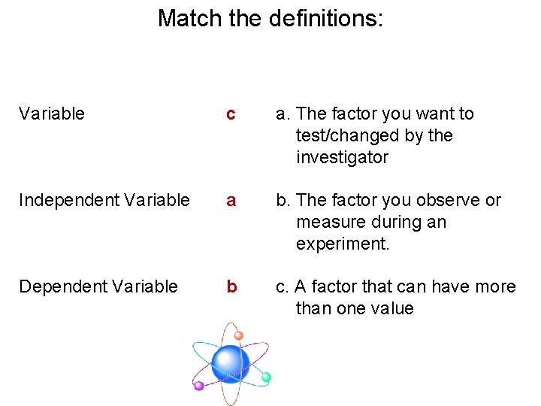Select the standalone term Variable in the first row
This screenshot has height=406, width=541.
52,114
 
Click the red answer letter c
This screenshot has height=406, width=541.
231,115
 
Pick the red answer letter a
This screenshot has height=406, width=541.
231,201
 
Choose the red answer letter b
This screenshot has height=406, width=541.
231,286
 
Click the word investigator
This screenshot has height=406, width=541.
342,158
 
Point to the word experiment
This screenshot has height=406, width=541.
343,244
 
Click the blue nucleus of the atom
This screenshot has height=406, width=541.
230,364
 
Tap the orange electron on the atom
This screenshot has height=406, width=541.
238,335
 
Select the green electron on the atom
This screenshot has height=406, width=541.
266,377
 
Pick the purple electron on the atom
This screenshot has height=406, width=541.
199,386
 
